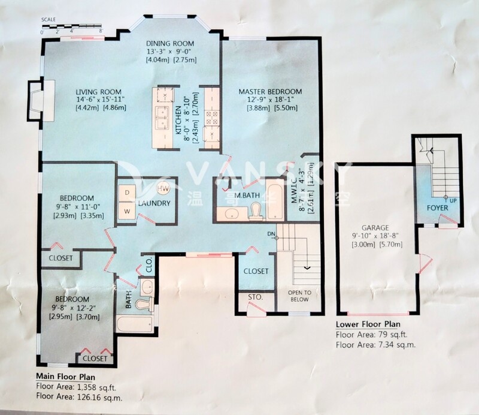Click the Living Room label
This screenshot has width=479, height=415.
(x=98, y=92)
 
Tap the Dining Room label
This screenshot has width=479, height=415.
(x=170, y=43)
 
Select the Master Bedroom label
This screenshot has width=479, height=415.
(x=270, y=92)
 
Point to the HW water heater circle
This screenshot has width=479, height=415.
(x=163, y=189)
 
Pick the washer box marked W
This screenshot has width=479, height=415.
(x=128, y=211)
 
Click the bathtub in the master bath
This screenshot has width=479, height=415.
(x=275, y=200)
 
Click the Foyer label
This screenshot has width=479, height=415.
(x=438, y=208)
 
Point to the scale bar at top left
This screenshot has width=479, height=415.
(x=71, y=25)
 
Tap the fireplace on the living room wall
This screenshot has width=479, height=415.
(x=41, y=101)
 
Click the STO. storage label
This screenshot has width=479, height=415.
(x=256, y=297)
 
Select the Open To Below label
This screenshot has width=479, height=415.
(x=299, y=296)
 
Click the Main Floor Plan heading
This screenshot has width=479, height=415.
(x=66, y=376)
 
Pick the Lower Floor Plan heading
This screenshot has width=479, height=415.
(x=368, y=324)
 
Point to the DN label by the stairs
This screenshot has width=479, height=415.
(x=271, y=234)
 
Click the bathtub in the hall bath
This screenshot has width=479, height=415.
(x=134, y=324)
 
